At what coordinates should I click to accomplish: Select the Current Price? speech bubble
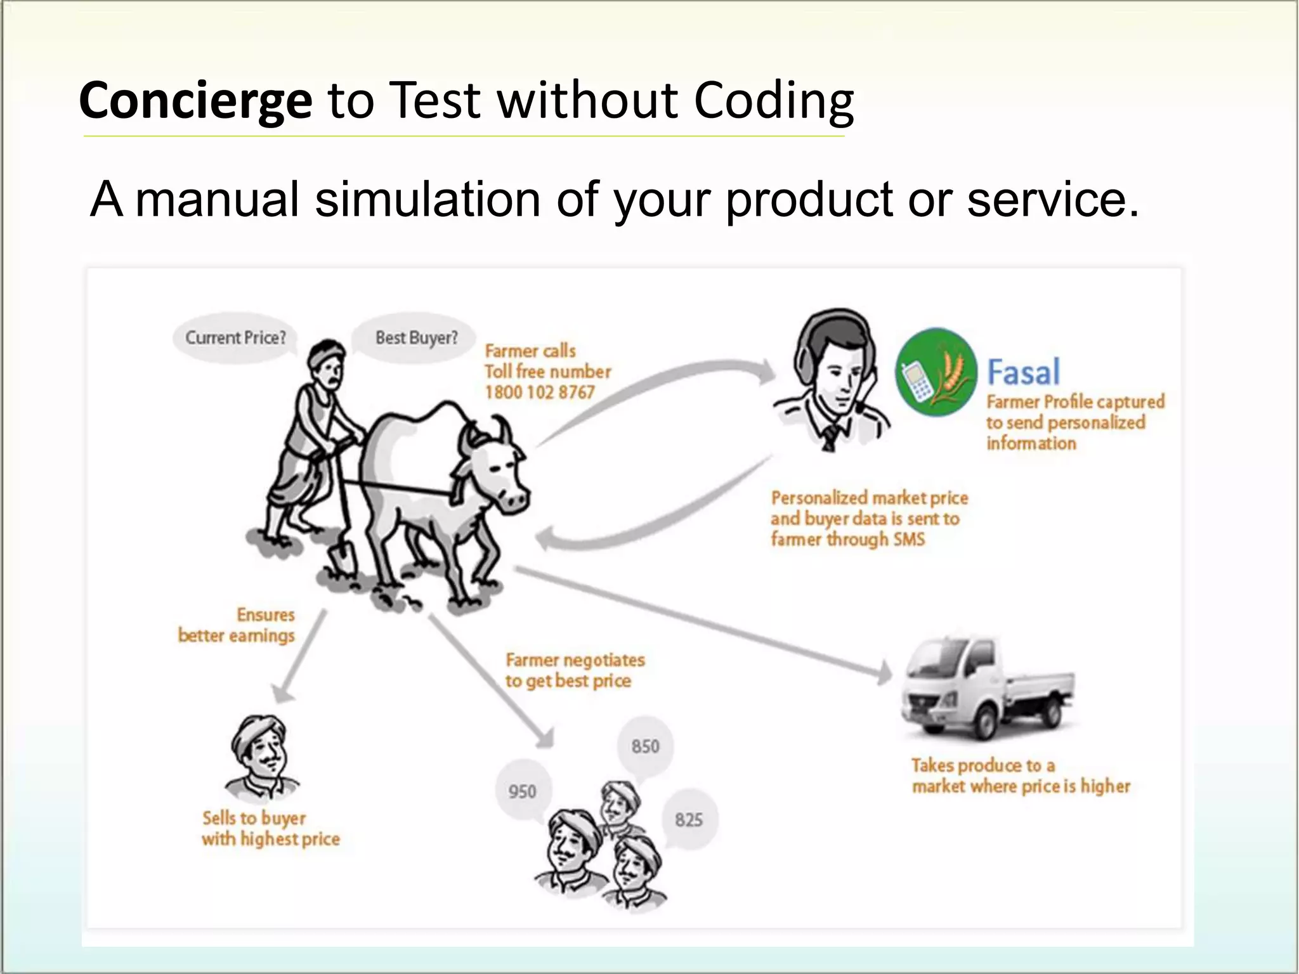[235, 337]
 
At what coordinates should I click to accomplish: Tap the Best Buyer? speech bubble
[416, 338]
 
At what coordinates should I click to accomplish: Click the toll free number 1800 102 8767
[540, 393]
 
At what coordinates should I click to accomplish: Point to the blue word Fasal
[1023, 372]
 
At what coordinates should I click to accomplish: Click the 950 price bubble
[522, 791]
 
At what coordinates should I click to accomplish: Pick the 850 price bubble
[645, 746]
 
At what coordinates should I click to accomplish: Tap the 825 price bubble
[689, 820]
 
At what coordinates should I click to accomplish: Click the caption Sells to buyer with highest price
[270, 828]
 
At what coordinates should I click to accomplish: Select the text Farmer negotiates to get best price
[574, 670]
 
